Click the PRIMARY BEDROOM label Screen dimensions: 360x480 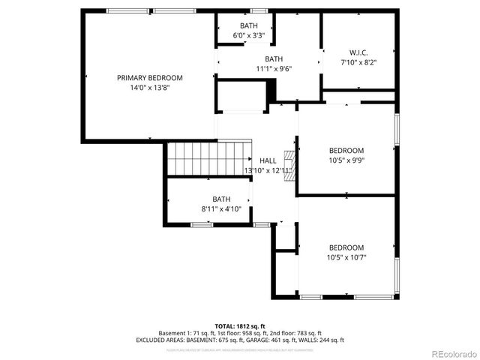149,77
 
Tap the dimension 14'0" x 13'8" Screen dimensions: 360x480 149,87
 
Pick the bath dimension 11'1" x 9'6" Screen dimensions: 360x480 274,68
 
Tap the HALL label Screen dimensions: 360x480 268,160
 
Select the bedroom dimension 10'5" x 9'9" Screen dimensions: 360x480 346,160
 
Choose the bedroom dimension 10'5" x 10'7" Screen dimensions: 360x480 346,257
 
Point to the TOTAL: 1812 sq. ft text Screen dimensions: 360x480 239,325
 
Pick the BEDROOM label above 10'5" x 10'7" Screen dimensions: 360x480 346,247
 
